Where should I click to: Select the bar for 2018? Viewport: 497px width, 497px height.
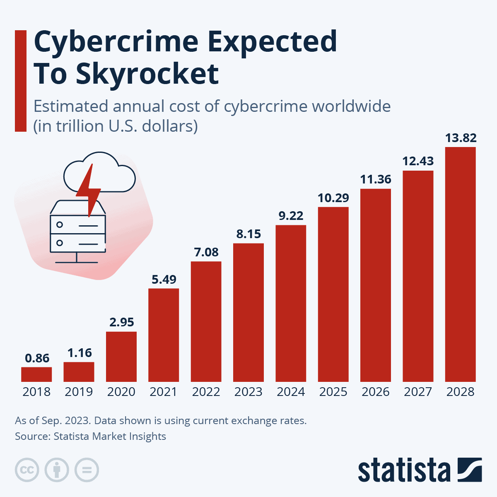(36, 374)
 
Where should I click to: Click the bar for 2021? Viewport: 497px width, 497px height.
(164, 335)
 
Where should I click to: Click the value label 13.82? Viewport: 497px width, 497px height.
(461, 138)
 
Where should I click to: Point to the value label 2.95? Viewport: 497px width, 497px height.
(122, 322)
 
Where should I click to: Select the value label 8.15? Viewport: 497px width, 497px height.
(248, 234)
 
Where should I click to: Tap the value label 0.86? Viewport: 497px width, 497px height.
(37, 358)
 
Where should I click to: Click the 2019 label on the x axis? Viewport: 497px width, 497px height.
(79, 392)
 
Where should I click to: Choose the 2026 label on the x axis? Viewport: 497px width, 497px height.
(376, 392)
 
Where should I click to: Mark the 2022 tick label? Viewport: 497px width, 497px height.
(206, 392)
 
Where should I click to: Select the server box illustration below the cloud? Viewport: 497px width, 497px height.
(77, 232)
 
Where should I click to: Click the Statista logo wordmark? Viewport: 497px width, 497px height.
(404, 470)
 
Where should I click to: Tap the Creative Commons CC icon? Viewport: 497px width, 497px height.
(27, 470)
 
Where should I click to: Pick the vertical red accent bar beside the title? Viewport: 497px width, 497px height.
(20, 81)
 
